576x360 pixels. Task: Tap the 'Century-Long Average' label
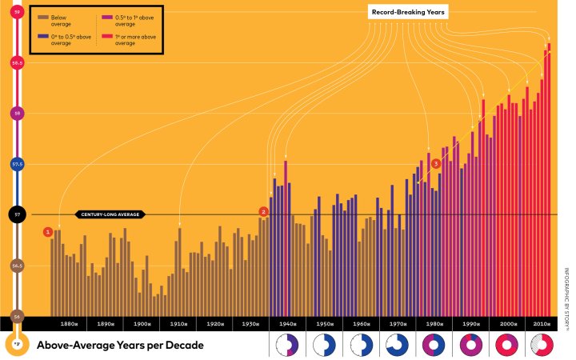click(x=110, y=214)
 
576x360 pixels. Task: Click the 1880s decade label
click(x=69, y=324)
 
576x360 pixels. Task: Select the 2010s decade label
click(x=541, y=324)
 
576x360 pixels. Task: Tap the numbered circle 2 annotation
click(x=262, y=211)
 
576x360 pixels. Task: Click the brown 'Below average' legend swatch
click(x=42, y=17)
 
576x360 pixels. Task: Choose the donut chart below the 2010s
click(x=541, y=346)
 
